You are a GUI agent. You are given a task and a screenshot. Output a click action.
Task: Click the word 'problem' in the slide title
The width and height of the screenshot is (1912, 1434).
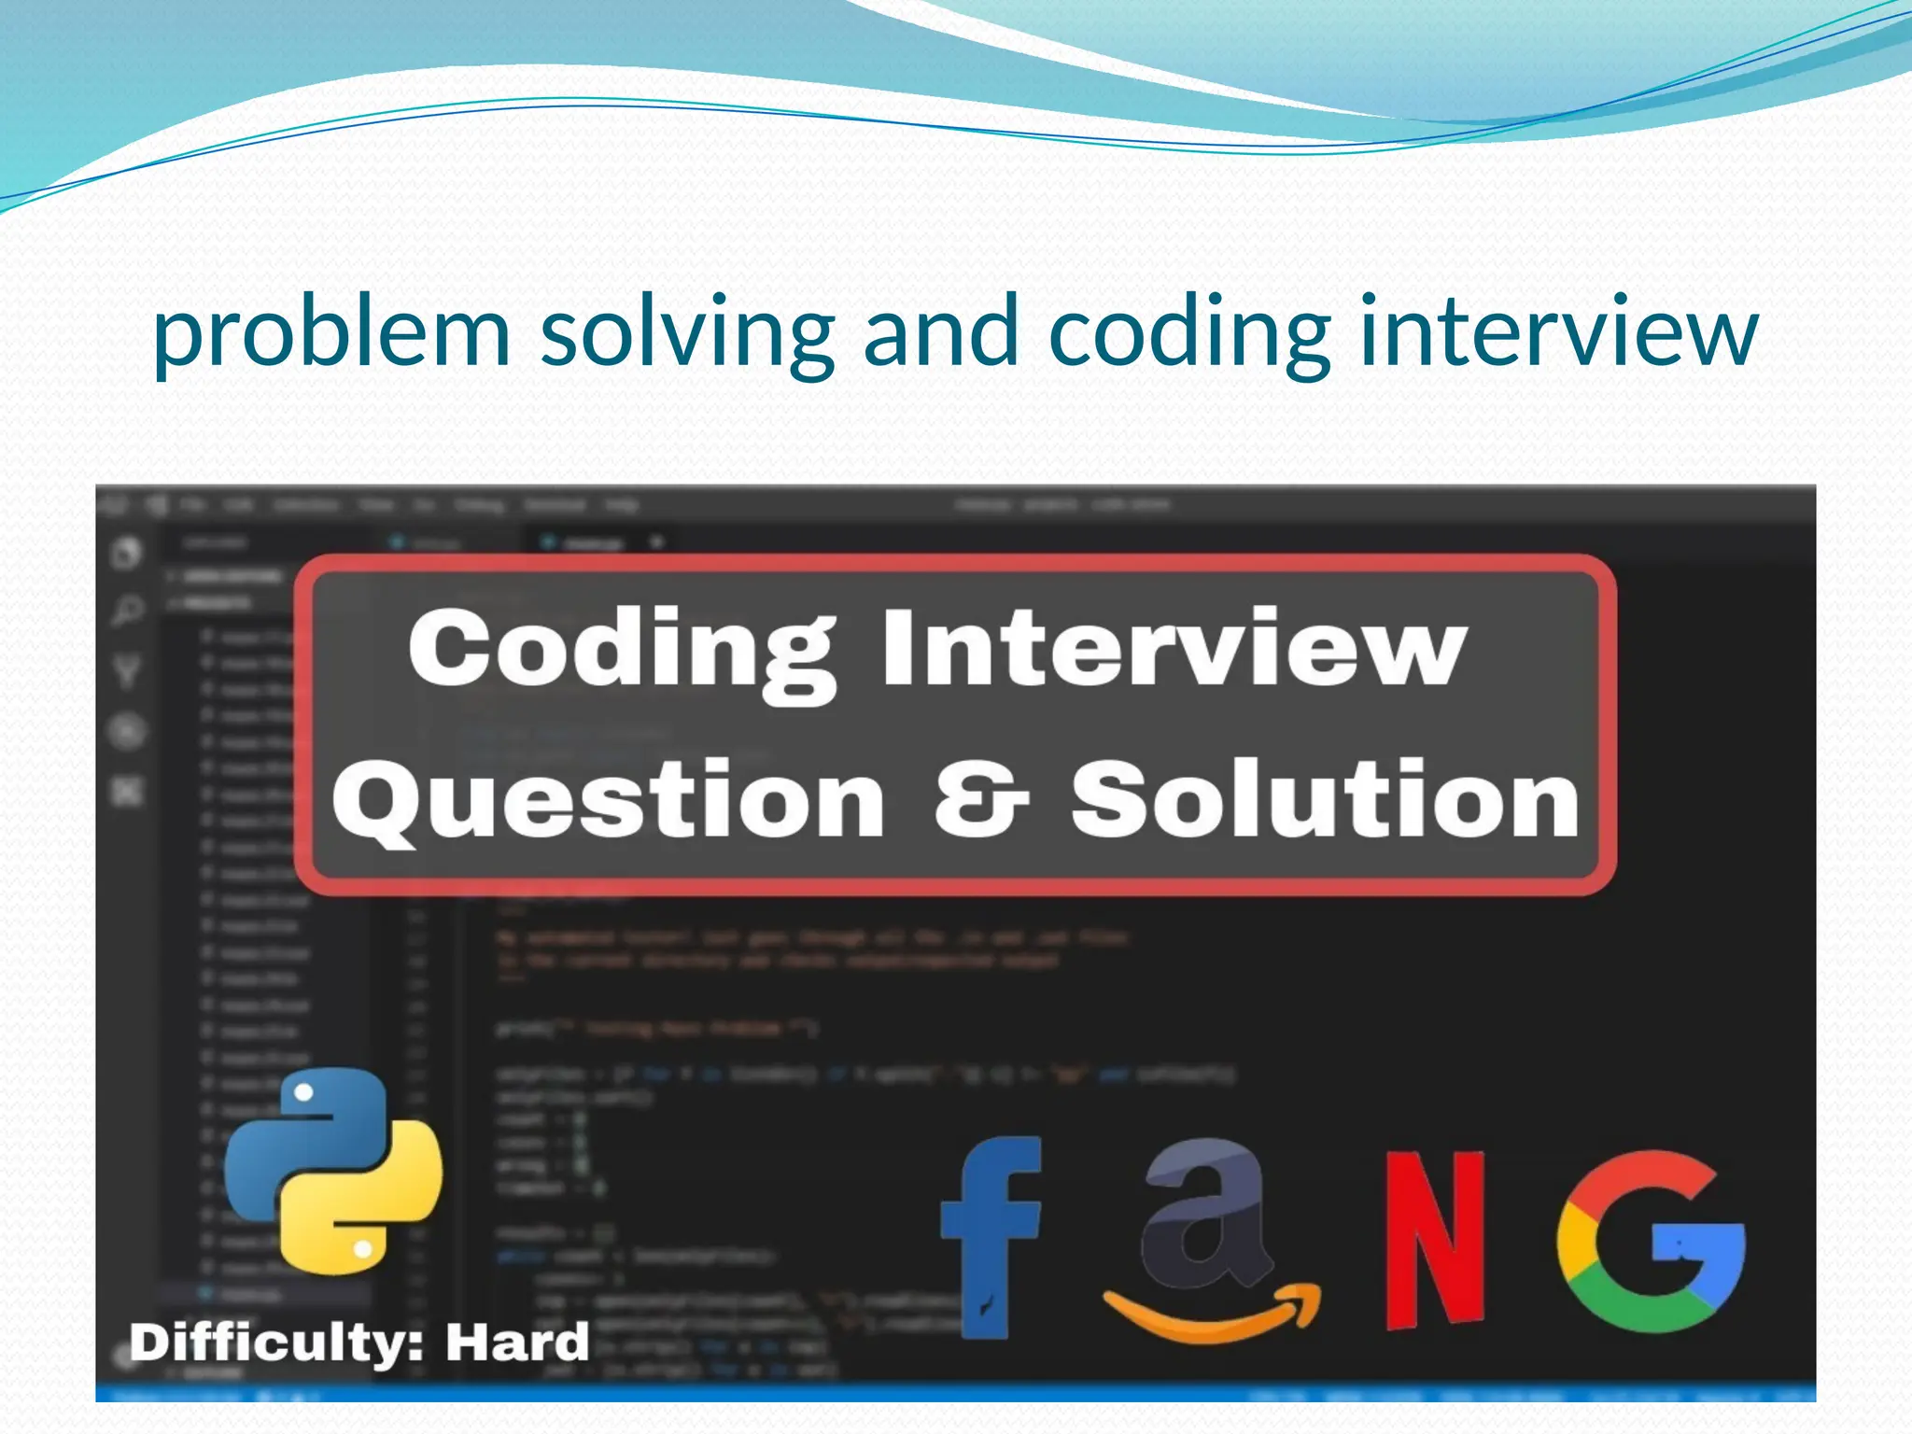click(331, 332)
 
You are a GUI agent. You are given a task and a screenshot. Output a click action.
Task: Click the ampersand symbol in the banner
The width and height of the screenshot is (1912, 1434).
click(981, 798)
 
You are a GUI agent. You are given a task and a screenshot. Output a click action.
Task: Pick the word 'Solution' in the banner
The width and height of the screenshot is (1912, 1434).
click(1326, 798)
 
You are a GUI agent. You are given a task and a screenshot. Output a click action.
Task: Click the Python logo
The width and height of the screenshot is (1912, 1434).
click(333, 1171)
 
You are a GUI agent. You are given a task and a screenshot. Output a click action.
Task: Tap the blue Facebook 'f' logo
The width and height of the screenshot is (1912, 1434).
click(991, 1232)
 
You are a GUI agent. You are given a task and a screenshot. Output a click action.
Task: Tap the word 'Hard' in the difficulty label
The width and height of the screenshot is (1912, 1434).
click(516, 1343)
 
